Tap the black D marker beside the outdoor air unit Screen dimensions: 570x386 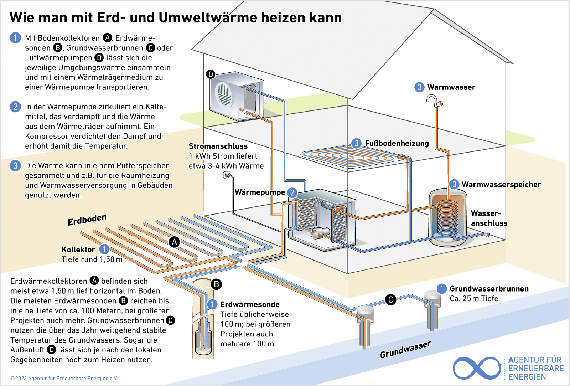(x=211, y=74)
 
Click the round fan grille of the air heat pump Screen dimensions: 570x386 (x=224, y=95)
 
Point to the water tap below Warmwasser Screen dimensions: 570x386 (x=434, y=101)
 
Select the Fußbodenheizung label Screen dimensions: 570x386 (x=397, y=143)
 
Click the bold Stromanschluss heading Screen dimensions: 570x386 (x=218, y=146)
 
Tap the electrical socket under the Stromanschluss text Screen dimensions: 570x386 (x=227, y=175)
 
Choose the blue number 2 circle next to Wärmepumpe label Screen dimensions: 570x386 (x=292, y=192)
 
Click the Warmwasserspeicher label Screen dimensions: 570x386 (x=501, y=185)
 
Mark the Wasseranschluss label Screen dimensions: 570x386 (x=489, y=218)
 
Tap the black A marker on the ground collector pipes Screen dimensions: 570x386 (x=174, y=242)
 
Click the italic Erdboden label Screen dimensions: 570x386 (x=87, y=220)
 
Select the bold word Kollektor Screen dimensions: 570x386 (x=78, y=249)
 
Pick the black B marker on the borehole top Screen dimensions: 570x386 (x=217, y=284)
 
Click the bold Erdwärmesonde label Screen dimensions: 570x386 (x=250, y=304)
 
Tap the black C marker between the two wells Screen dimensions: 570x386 (x=390, y=300)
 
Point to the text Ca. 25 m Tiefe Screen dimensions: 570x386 (x=474, y=298)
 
